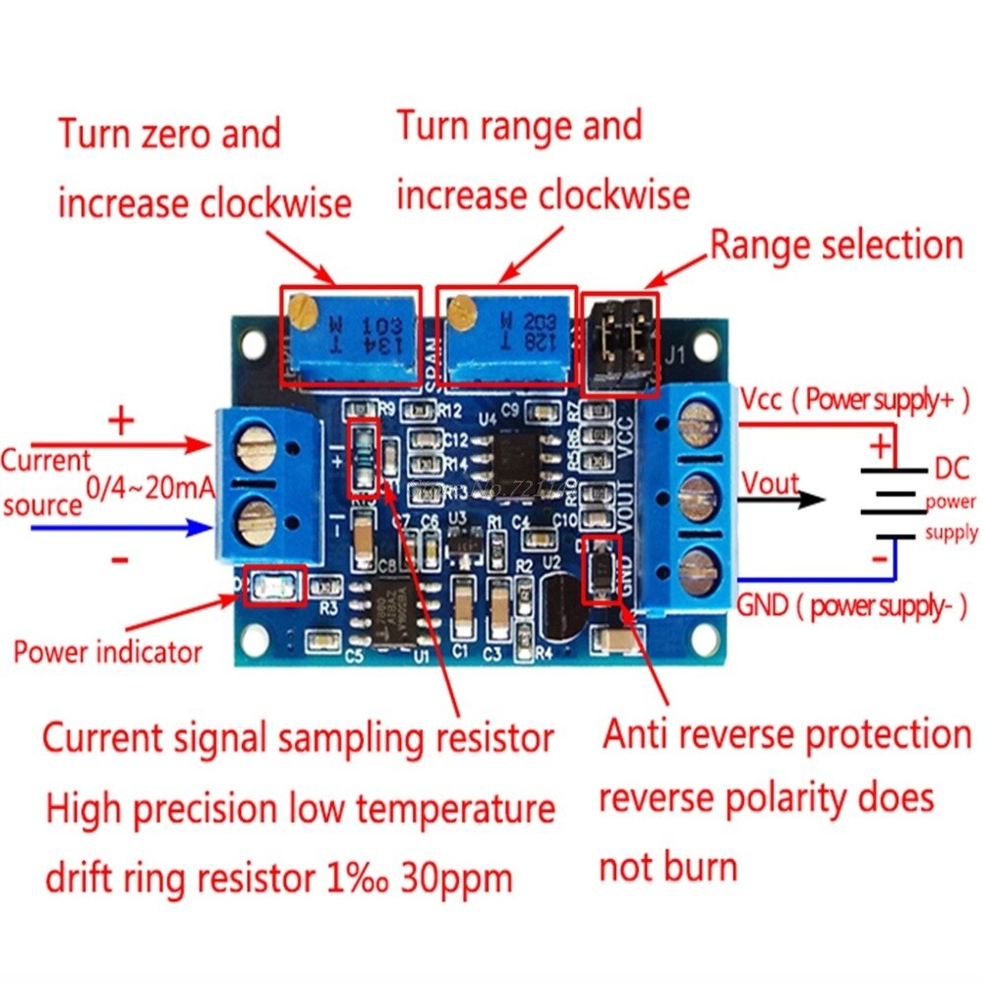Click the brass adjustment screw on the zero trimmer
point(303,312)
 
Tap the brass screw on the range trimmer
point(456,313)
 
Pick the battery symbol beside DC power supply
point(892,501)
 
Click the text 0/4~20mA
point(149,486)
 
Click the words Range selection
point(837,245)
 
